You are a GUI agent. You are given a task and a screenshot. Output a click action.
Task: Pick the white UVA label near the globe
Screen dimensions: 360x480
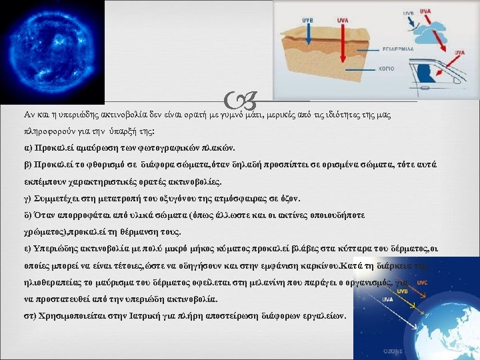point(386,299)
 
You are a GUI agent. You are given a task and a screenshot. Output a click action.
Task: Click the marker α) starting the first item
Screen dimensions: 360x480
point(28,147)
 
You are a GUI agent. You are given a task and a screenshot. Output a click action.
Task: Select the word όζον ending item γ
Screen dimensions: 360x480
point(289,199)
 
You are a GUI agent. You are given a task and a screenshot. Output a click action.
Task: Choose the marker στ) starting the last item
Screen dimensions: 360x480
point(30,315)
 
